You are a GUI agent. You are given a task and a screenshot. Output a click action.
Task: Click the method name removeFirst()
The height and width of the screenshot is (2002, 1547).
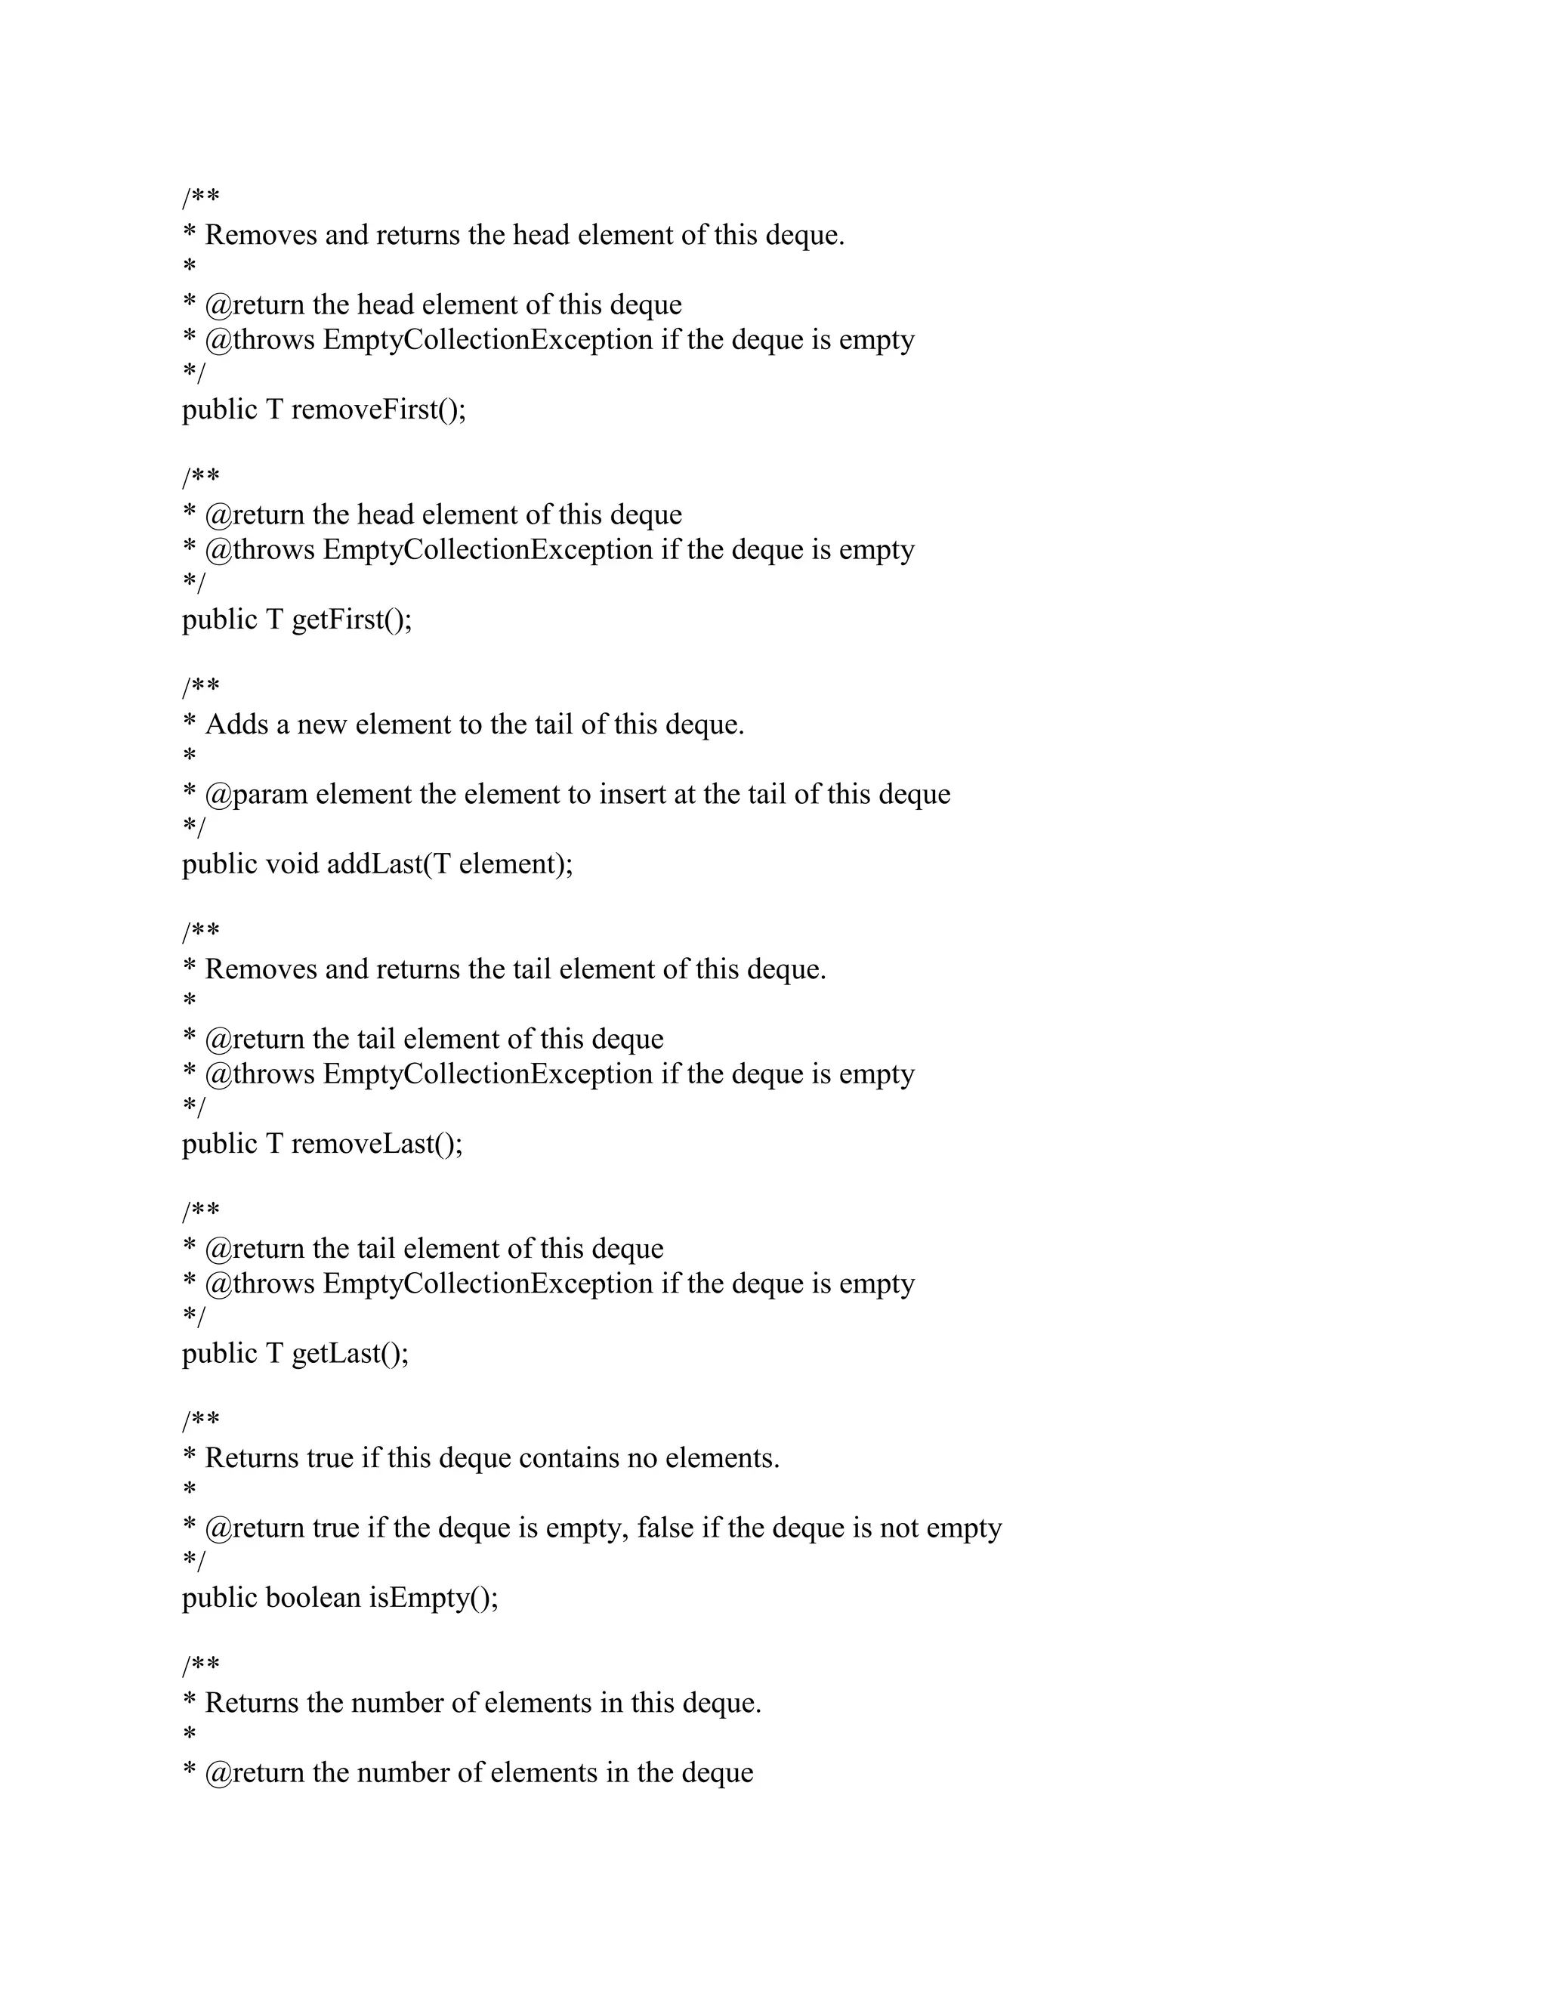(x=378, y=409)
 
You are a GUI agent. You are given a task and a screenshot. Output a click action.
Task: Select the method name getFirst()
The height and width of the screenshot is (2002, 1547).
(x=352, y=619)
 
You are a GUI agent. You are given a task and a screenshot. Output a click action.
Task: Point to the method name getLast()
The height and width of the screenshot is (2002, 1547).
(x=350, y=1354)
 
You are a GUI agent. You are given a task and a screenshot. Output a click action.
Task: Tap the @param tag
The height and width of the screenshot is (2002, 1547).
(x=257, y=795)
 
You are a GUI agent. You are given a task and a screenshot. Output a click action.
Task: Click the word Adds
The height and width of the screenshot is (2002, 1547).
(x=236, y=725)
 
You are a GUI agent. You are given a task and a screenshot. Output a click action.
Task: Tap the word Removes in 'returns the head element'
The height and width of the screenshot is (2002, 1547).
(x=261, y=236)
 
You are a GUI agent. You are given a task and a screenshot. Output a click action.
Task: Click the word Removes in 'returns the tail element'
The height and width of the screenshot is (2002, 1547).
(x=261, y=970)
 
